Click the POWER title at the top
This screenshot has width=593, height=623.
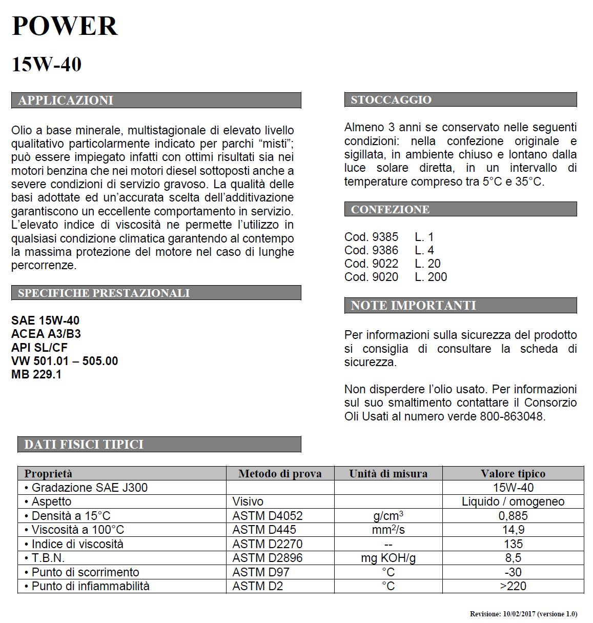coord(65,26)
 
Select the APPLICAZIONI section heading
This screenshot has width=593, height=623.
coord(66,100)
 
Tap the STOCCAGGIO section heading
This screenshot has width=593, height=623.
coord(391,99)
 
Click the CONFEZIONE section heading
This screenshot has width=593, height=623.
coord(390,209)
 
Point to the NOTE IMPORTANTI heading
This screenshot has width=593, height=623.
coord(413,306)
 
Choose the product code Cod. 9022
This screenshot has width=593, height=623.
coord(371,264)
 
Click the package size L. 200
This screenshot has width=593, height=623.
coord(431,277)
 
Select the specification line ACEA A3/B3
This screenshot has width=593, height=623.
coord(46,334)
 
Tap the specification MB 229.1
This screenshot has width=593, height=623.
coord(36,374)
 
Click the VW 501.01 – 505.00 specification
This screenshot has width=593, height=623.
coord(65,361)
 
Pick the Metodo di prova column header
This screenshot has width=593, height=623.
coord(280,473)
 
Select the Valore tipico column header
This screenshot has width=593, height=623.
coord(513,473)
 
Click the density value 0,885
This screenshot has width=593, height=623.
coord(513,516)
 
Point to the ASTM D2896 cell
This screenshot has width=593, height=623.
coord(268,558)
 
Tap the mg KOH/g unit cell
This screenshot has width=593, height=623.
coord(388,558)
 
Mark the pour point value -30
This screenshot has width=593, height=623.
coord(513,572)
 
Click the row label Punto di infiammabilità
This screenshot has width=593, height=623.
coord(90,586)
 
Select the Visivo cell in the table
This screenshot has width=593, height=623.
coord(248,501)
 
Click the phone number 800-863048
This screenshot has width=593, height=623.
coord(512,416)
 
